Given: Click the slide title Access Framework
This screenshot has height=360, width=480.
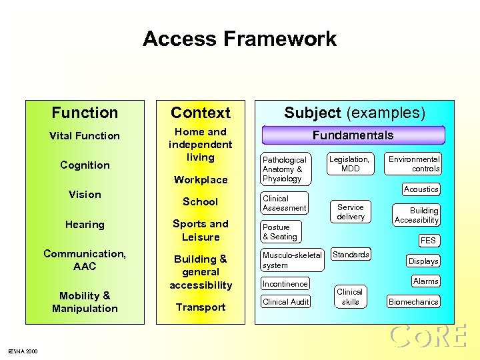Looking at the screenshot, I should tap(239, 39).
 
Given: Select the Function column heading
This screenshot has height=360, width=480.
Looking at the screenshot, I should tap(85, 113).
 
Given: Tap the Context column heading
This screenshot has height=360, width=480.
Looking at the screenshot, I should tap(200, 113).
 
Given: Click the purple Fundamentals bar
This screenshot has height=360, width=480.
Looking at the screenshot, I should tap(353, 135).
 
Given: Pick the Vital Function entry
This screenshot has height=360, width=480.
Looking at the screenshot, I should tap(85, 136).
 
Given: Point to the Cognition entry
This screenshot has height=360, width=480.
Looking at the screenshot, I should tap(85, 165).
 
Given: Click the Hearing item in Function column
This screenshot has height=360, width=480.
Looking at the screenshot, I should tap(85, 225).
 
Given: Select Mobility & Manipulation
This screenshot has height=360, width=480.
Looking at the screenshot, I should tap(85, 302).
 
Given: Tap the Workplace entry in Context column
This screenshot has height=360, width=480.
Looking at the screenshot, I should tap(200, 179).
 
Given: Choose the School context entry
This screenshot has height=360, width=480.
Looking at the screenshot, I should tap(200, 201).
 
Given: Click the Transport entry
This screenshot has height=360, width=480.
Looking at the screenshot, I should tap(200, 307).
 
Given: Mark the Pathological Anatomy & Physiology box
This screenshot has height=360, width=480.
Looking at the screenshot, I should tap(285, 169).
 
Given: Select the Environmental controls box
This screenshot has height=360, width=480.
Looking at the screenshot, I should tap(414, 164).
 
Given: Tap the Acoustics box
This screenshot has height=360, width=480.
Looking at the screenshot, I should tap(421, 189).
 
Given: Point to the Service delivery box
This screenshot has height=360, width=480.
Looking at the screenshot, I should tap(351, 212).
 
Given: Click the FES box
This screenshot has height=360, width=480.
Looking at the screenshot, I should tap(428, 241).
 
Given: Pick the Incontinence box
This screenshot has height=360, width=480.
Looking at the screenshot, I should tap(285, 284).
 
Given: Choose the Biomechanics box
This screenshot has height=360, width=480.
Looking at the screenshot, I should tap(413, 302).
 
